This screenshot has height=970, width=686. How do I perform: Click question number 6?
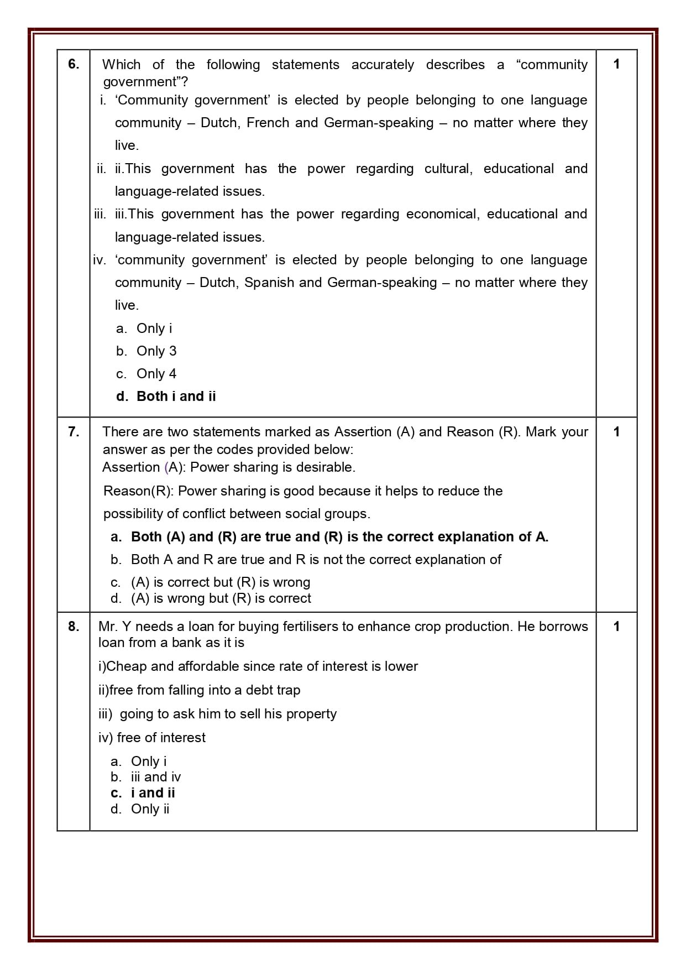tap(74, 64)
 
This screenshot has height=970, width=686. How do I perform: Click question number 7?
tap(74, 432)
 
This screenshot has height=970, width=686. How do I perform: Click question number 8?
tap(74, 627)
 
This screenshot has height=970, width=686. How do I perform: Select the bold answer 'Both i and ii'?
tap(176, 397)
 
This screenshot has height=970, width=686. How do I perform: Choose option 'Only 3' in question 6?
tap(156, 351)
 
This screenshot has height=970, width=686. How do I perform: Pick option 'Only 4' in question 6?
tap(156, 374)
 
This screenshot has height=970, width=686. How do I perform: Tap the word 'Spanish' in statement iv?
tap(269, 283)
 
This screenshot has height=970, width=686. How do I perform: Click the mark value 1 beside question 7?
tap(616, 432)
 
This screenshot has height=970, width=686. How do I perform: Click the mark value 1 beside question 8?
tap(616, 627)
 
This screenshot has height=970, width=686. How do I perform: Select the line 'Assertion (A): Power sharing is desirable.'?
tap(229, 467)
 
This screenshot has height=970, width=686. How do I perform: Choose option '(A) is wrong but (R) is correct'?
tap(221, 598)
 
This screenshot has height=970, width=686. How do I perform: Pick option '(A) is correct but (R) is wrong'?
tap(220, 582)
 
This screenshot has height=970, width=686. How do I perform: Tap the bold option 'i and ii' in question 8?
tap(153, 793)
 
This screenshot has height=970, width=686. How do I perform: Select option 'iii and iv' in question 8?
tap(155, 777)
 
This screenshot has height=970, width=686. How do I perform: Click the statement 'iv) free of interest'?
tap(152, 738)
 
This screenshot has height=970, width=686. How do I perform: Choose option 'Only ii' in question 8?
tap(150, 809)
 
